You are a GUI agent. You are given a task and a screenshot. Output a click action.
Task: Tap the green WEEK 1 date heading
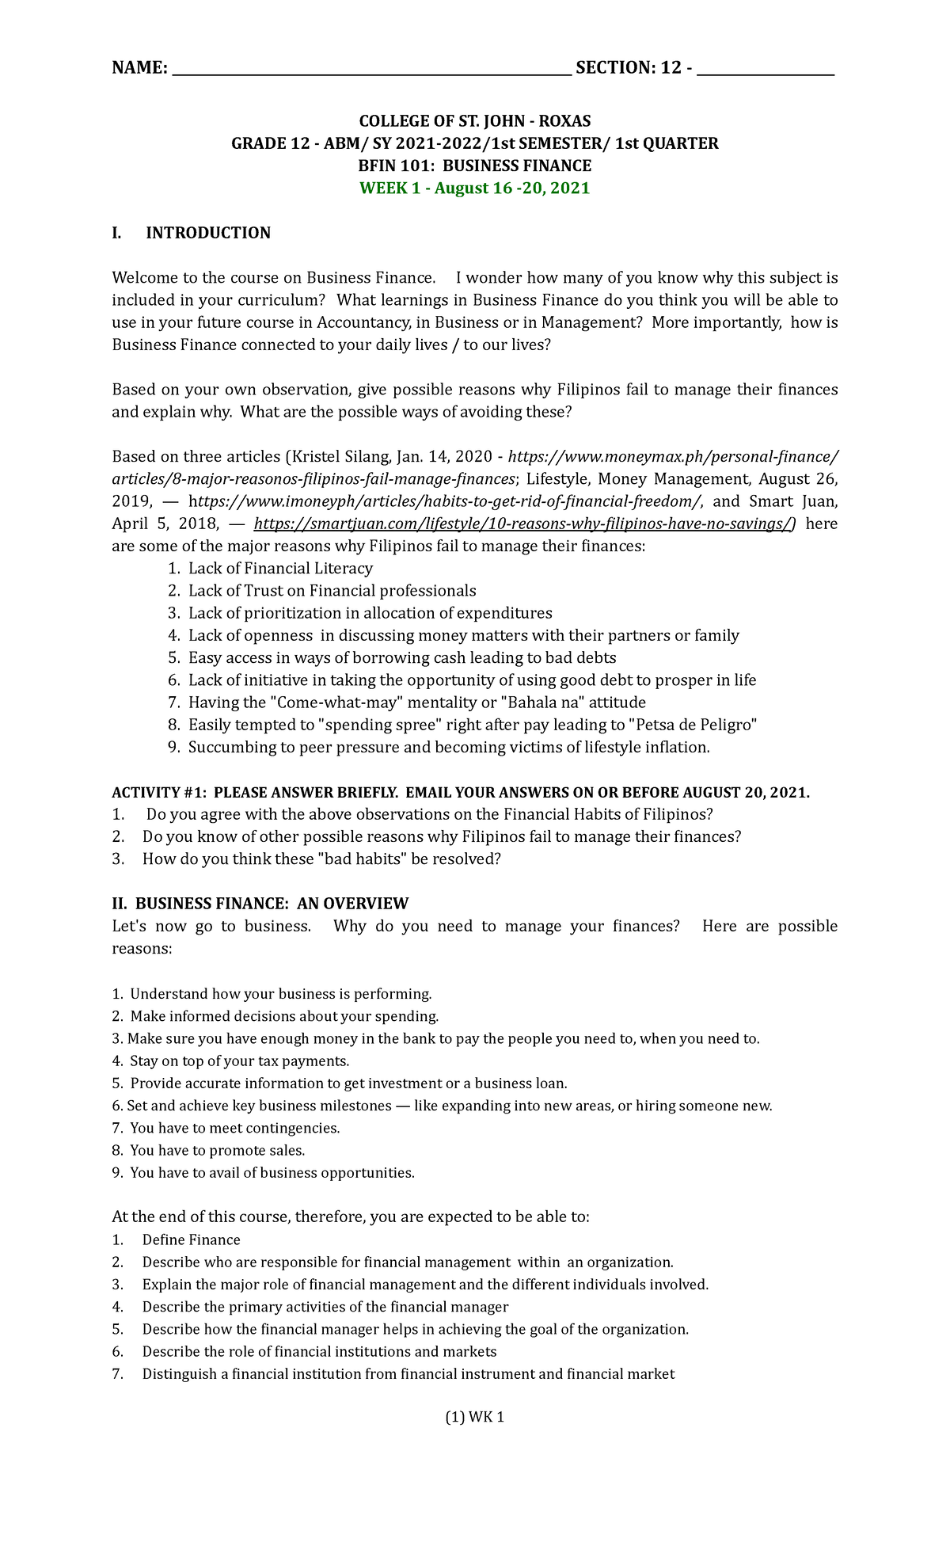tap(474, 188)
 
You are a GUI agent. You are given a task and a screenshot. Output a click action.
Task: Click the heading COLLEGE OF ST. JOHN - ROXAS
tap(474, 121)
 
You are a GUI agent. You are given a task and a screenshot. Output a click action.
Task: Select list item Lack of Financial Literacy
tap(280, 569)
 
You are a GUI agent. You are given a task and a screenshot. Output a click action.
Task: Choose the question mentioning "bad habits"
tap(321, 859)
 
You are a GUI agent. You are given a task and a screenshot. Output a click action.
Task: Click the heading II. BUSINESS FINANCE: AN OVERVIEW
tap(260, 904)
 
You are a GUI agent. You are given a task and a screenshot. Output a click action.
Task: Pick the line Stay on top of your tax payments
tap(239, 1061)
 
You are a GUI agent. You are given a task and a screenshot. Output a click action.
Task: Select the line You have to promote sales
tap(217, 1150)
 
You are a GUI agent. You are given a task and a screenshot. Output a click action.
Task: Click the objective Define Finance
tap(191, 1240)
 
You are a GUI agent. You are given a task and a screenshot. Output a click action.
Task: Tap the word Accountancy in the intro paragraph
tap(363, 323)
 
